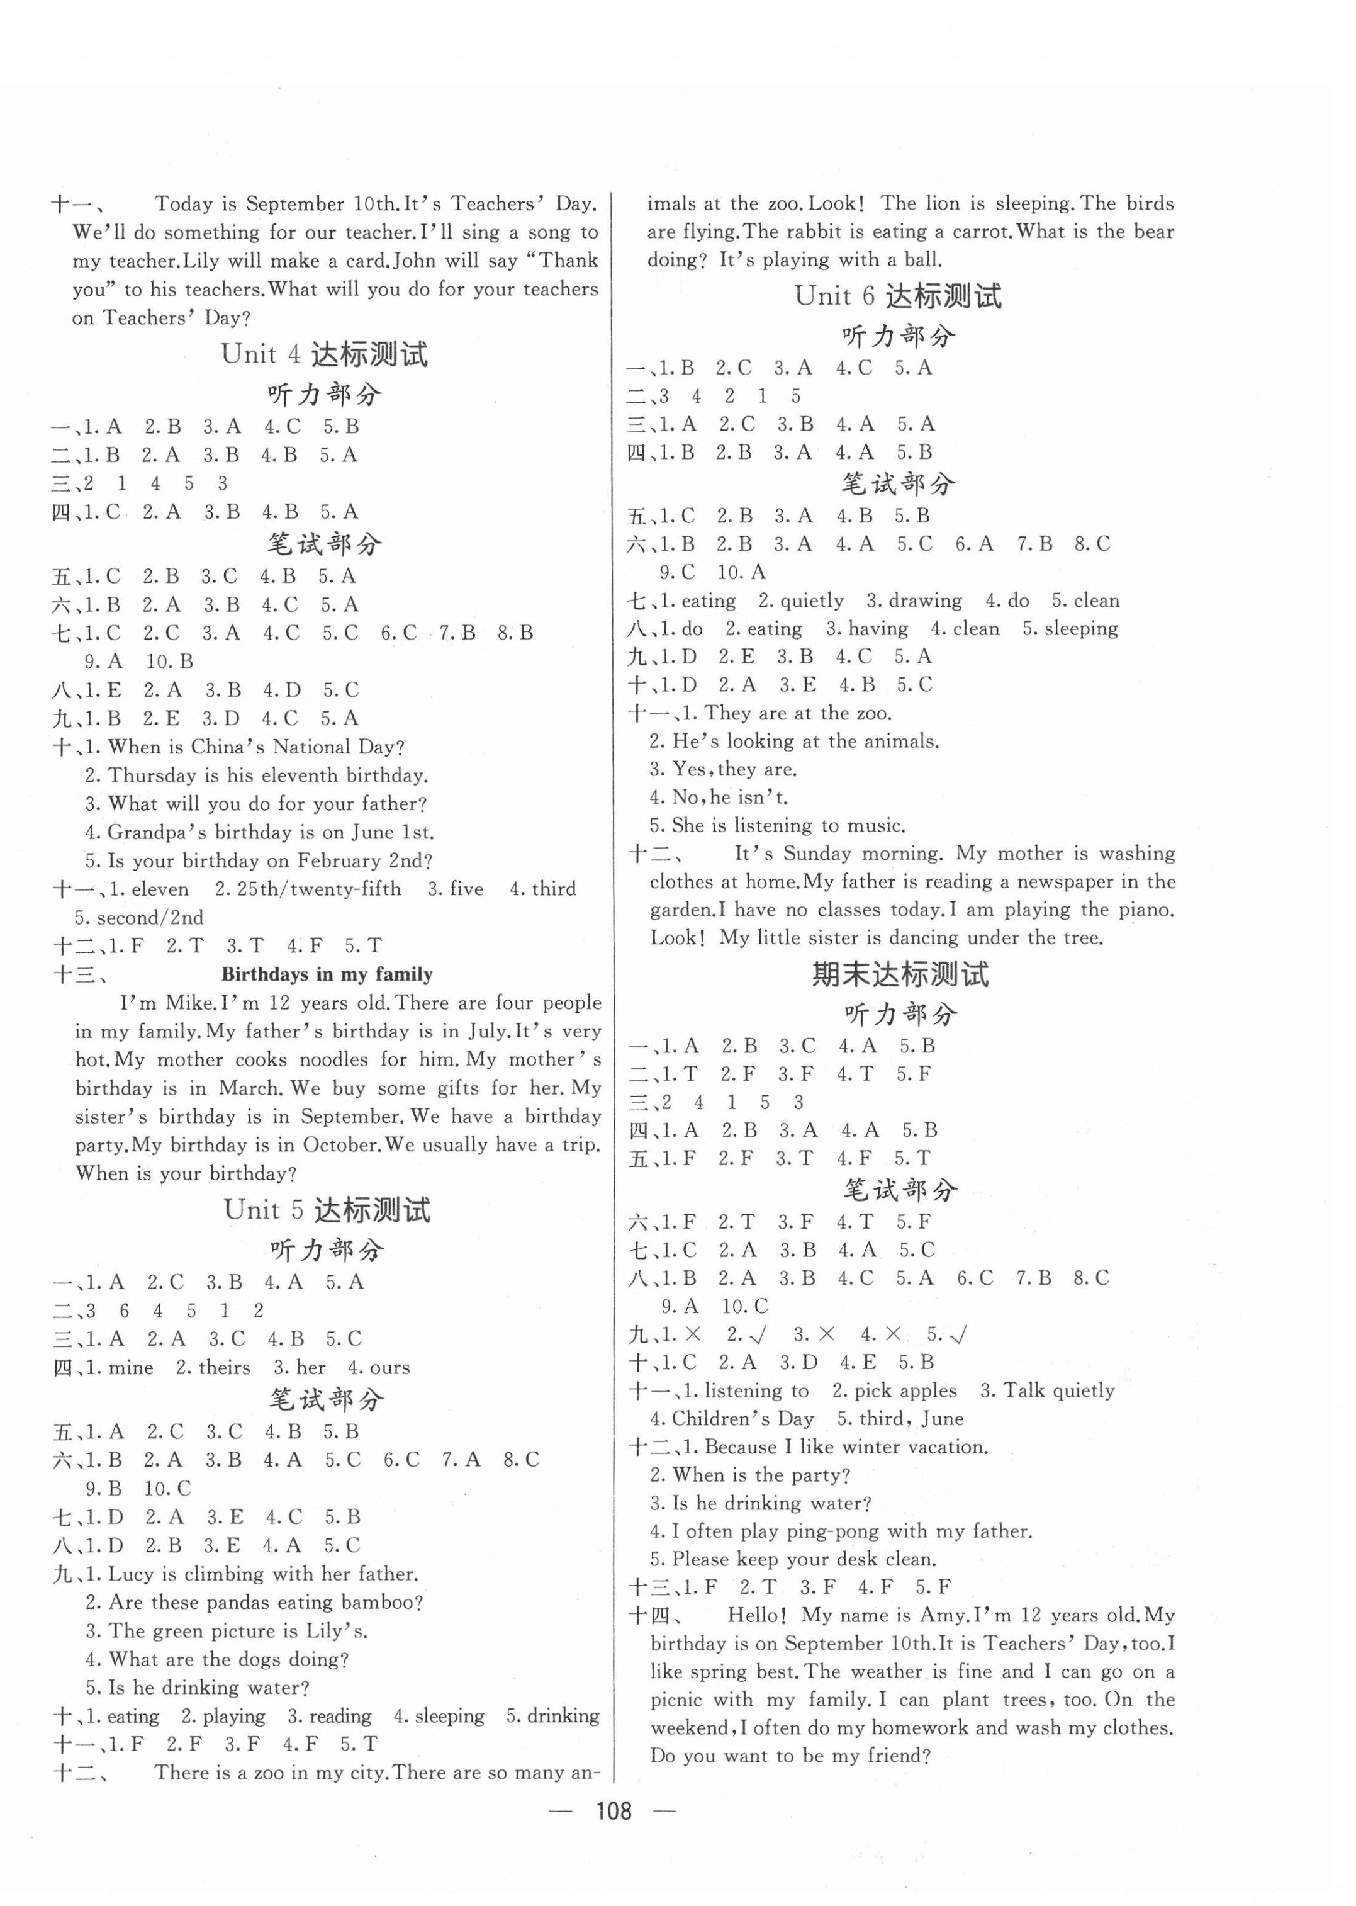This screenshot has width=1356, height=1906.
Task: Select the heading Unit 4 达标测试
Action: tap(324, 354)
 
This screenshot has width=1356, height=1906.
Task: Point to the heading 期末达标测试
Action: tap(900, 974)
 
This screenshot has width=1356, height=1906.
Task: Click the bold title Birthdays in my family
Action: tap(327, 974)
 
